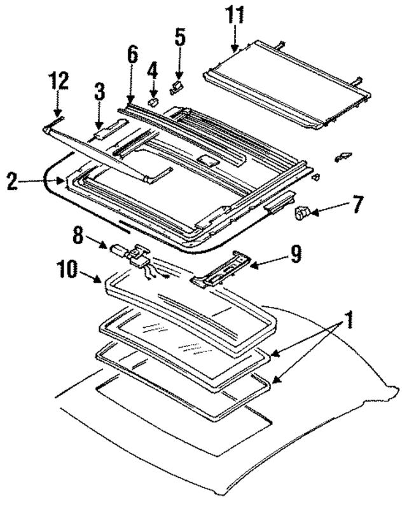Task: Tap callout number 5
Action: coord(181,37)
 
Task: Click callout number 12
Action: coord(59,83)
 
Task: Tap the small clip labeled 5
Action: coord(178,85)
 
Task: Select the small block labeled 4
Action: coord(153,99)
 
